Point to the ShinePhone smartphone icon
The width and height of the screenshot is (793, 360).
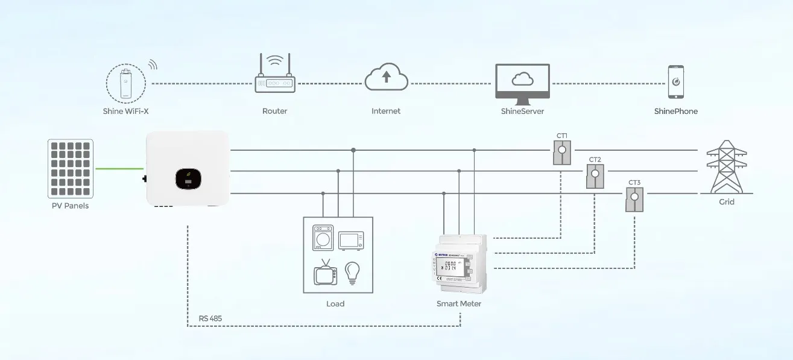[675, 82]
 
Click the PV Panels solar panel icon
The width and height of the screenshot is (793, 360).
[71, 169]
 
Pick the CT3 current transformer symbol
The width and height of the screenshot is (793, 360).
[634, 198]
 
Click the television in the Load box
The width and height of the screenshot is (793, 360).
[326, 273]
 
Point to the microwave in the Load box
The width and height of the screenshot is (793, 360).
[351, 240]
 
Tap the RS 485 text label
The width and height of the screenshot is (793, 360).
[210, 318]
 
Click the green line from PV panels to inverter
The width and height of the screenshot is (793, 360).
[119, 169]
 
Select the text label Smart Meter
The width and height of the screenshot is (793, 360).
[459, 304]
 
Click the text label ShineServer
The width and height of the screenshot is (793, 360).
[522, 112]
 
